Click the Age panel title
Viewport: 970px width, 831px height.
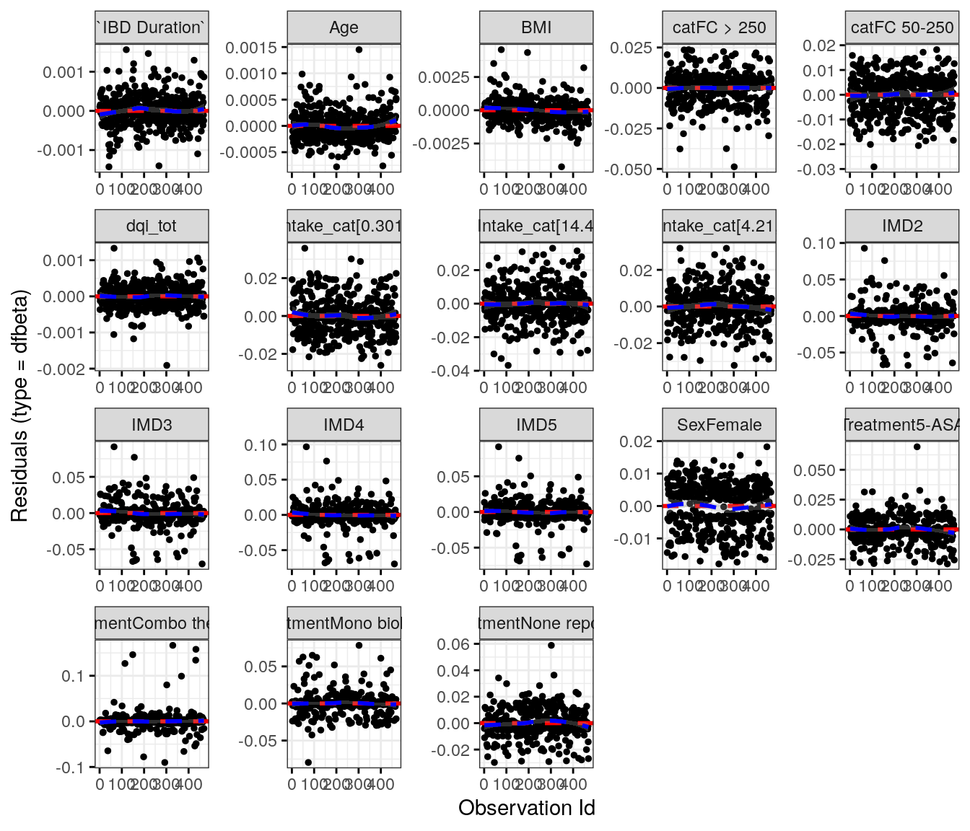pyautogui.click(x=344, y=27)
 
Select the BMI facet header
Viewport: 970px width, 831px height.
pyautogui.click(x=536, y=27)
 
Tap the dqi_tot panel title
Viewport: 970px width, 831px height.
pyautogui.click(x=152, y=226)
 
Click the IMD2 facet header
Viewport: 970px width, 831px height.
pyautogui.click(x=902, y=226)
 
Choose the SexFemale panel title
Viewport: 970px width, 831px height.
pyautogui.click(x=719, y=425)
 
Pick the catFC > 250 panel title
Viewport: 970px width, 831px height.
pyautogui.click(x=719, y=27)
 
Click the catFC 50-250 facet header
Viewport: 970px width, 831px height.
pyautogui.click(x=902, y=27)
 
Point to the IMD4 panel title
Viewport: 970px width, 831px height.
pyautogui.click(x=344, y=425)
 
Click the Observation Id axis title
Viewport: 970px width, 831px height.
pyautogui.click(x=526, y=808)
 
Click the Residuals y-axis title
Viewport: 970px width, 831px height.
pyautogui.click(x=19, y=405)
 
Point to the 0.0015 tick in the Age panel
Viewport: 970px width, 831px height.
pyautogui.click(x=250, y=48)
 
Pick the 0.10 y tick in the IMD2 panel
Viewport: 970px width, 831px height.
pyautogui.click(x=819, y=243)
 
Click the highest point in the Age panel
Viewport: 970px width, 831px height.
pyautogui.click(x=359, y=50)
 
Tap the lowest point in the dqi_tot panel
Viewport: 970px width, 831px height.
pyautogui.click(x=167, y=365)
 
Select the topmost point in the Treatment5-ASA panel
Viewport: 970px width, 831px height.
pyautogui.click(x=917, y=447)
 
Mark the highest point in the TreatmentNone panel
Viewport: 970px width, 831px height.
pyautogui.click(x=551, y=645)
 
